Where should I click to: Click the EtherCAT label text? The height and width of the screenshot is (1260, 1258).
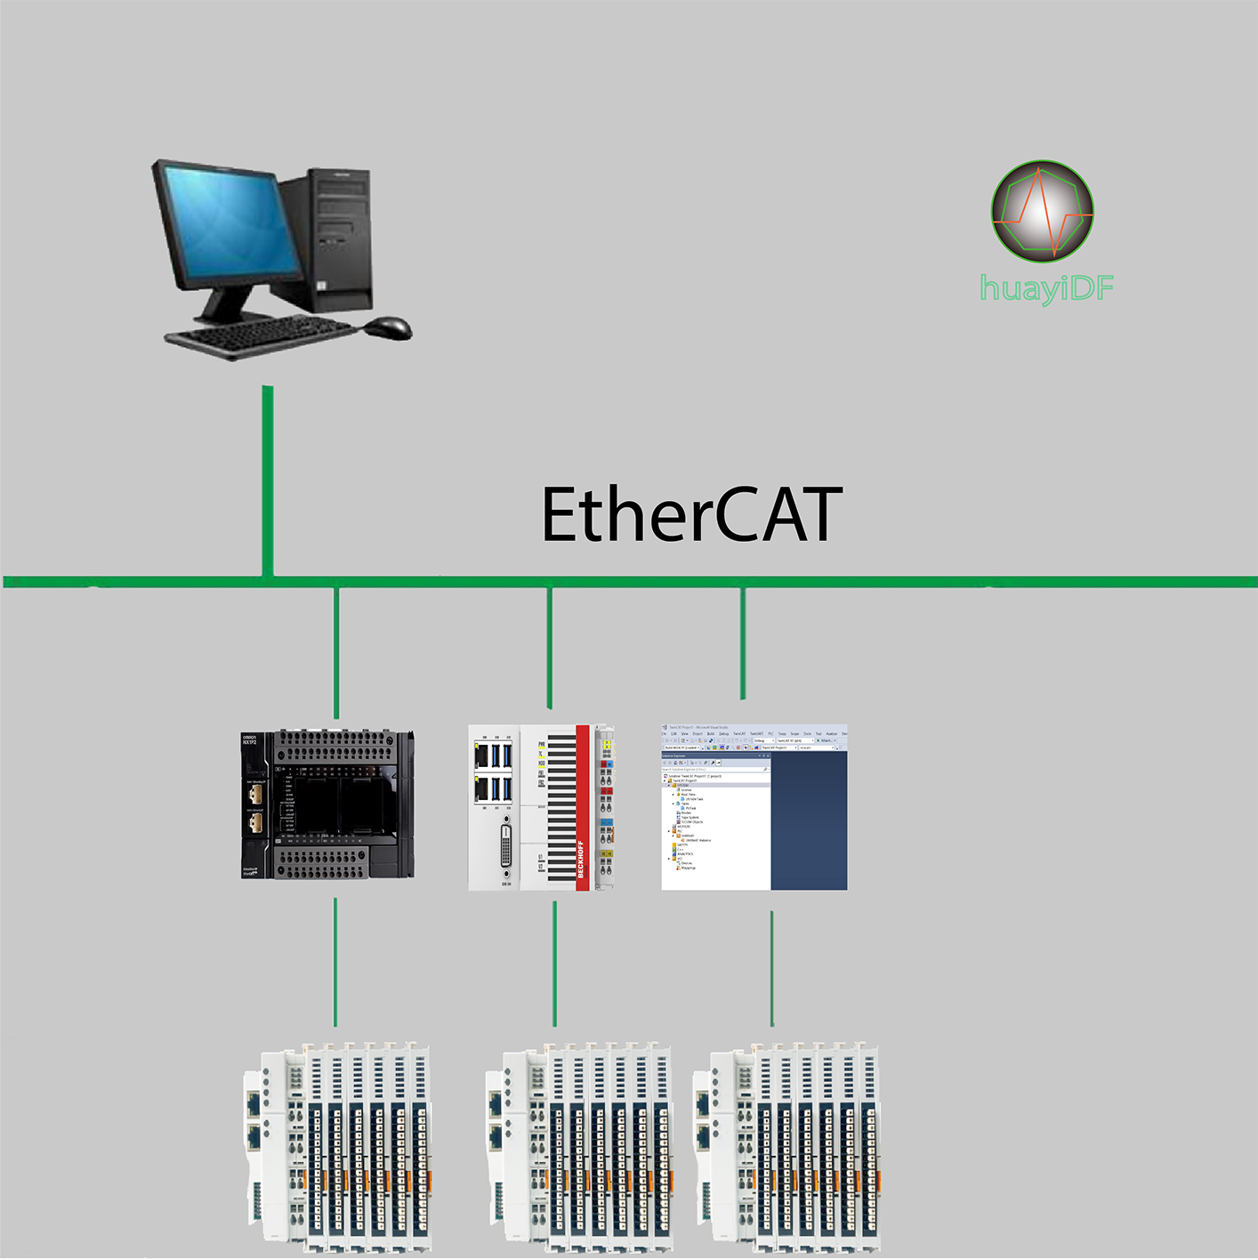pyautogui.click(x=691, y=515)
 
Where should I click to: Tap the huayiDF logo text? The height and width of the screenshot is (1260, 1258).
pyautogui.click(x=1046, y=288)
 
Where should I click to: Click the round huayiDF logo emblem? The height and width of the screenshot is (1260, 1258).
pyautogui.click(x=1042, y=211)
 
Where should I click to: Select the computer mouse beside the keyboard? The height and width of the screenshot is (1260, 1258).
pyautogui.click(x=389, y=327)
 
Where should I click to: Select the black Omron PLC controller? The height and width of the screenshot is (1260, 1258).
pyautogui.click(x=327, y=804)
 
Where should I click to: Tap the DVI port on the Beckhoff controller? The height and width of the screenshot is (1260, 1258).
pyautogui.click(x=505, y=844)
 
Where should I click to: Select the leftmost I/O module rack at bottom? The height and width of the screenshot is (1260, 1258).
pyautogui.click(x=338, y=1148)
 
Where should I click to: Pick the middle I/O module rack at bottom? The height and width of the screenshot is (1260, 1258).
pyautogui.click(x=579, y=1148)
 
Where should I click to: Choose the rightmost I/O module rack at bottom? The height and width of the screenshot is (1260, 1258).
pyautogui.click(x=786, y=1148)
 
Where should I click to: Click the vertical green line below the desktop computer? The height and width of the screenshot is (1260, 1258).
pyautogui.click(x=267, y=481)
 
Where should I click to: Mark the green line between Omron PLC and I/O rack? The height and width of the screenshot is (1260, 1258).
pyautogui.click(x=335, y=962)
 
